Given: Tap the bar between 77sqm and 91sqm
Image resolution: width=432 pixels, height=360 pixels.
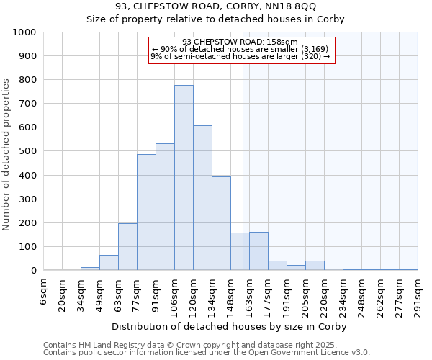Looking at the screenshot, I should pos(146,212).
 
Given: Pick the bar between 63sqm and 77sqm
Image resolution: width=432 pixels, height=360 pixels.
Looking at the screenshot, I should pos(127,247).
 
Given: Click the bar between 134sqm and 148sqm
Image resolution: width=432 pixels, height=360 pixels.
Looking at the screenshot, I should pos(221,224).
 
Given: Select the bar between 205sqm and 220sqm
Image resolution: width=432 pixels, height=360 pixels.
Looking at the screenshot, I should pos(315,266).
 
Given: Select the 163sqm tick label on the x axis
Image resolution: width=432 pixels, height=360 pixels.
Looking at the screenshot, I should pos(249,295).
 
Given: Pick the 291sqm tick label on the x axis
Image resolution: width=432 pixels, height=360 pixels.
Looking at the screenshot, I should pos(418,295).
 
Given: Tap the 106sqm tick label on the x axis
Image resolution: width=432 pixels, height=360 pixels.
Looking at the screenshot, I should pos(174,295).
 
